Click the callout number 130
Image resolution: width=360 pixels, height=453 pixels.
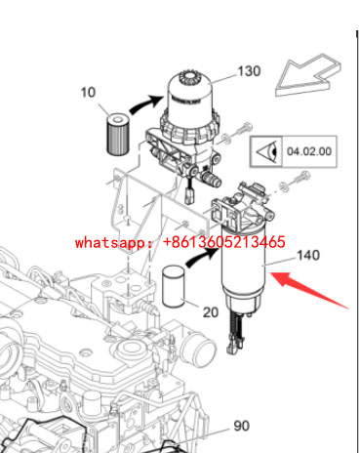pyautogui.click(x=249, y=71)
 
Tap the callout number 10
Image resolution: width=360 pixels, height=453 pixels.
pyautogui.click(x=88, y=93)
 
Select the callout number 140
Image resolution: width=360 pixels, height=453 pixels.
pyautogui.click(x=308, y=255)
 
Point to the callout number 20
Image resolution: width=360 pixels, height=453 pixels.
pyautogui.click(x=211, y=312)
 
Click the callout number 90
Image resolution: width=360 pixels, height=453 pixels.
pyautogui.click(x=242, y=426)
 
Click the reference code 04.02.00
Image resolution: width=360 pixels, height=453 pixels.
pyautogui.click(x=309, y=151)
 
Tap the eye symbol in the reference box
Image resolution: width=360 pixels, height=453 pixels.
pyautogui.click(x=267, y=151)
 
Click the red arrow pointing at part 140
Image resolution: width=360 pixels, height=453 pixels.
pyautogui.click(x=309, y=290)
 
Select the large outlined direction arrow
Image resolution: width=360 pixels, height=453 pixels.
pyautogui.click(x=308, y=75)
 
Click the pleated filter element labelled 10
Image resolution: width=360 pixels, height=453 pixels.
pyautogui.click(x=118, y=134)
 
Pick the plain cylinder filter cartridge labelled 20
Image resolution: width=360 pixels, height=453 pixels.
pyautogui.click(x=174, y=286)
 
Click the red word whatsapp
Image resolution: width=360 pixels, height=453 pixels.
pyautogui.click(x=111, y=243)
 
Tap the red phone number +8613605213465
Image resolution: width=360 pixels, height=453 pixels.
pyautogui.click(x=223, y=242)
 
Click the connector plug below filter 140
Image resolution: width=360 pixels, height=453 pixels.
pyautogui.click(x=236, y=346)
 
